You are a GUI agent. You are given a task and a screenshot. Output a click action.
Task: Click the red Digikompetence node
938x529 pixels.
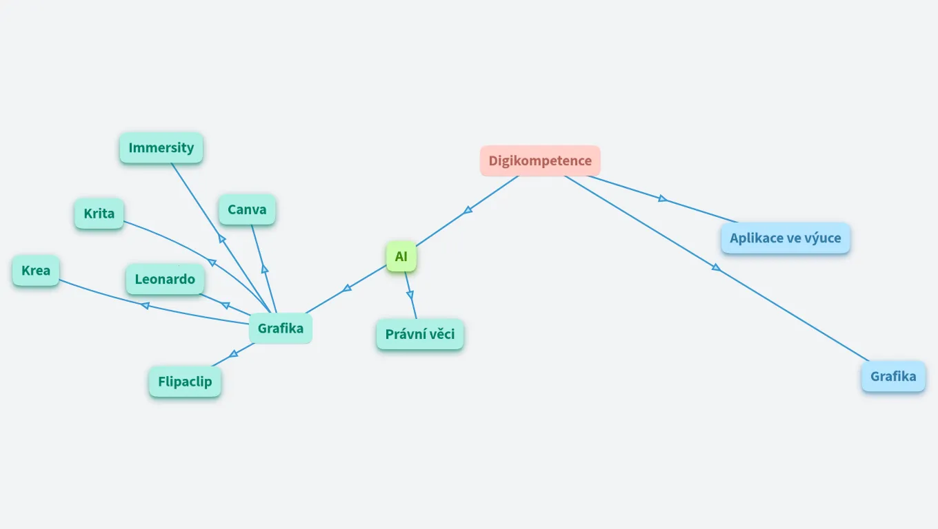[540, 160]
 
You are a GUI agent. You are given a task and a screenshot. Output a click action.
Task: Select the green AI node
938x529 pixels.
[401, 257]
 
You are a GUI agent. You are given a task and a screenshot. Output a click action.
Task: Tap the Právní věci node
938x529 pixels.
[420, 335]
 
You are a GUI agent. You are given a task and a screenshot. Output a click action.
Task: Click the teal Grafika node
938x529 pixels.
[281, 329]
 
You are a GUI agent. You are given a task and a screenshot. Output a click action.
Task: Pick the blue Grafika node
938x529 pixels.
[893, 376]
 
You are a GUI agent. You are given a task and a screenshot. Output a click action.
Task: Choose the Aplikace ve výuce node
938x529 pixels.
[786, 238]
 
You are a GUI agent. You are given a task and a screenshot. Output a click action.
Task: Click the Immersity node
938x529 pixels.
[161, 147]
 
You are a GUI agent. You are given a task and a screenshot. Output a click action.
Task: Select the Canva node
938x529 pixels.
[247, 209]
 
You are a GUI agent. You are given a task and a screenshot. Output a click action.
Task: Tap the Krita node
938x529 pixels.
[99, 214]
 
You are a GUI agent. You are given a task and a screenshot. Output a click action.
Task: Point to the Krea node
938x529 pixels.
[36, 271]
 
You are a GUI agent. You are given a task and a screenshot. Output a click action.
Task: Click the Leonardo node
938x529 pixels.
[165, 279]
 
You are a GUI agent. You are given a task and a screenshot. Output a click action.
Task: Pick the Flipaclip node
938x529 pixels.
[185, 382]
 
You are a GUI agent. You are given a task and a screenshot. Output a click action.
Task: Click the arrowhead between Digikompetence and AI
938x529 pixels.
[468, 209]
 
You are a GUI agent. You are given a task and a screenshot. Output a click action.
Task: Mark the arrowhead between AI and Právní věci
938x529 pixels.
[410, 295]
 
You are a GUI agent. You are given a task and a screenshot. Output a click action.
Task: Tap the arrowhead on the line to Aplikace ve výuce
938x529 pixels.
[662, 198]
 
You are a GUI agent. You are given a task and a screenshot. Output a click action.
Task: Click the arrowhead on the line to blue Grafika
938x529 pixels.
[716, 267]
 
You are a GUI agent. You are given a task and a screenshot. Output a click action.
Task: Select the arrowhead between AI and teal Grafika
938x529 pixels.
[348, 289]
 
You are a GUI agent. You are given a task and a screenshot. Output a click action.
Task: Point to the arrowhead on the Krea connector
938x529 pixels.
[146, 305]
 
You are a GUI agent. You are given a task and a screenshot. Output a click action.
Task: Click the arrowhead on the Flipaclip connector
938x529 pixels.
[233, 354]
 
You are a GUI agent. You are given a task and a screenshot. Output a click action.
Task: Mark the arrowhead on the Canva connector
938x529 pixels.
[264, 269]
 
